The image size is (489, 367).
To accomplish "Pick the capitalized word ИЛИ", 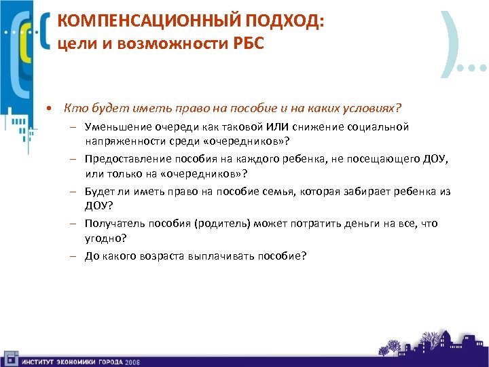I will [278, 127].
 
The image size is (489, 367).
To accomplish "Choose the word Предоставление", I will [124, 159].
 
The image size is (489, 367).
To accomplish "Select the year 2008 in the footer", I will [132, 361].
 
